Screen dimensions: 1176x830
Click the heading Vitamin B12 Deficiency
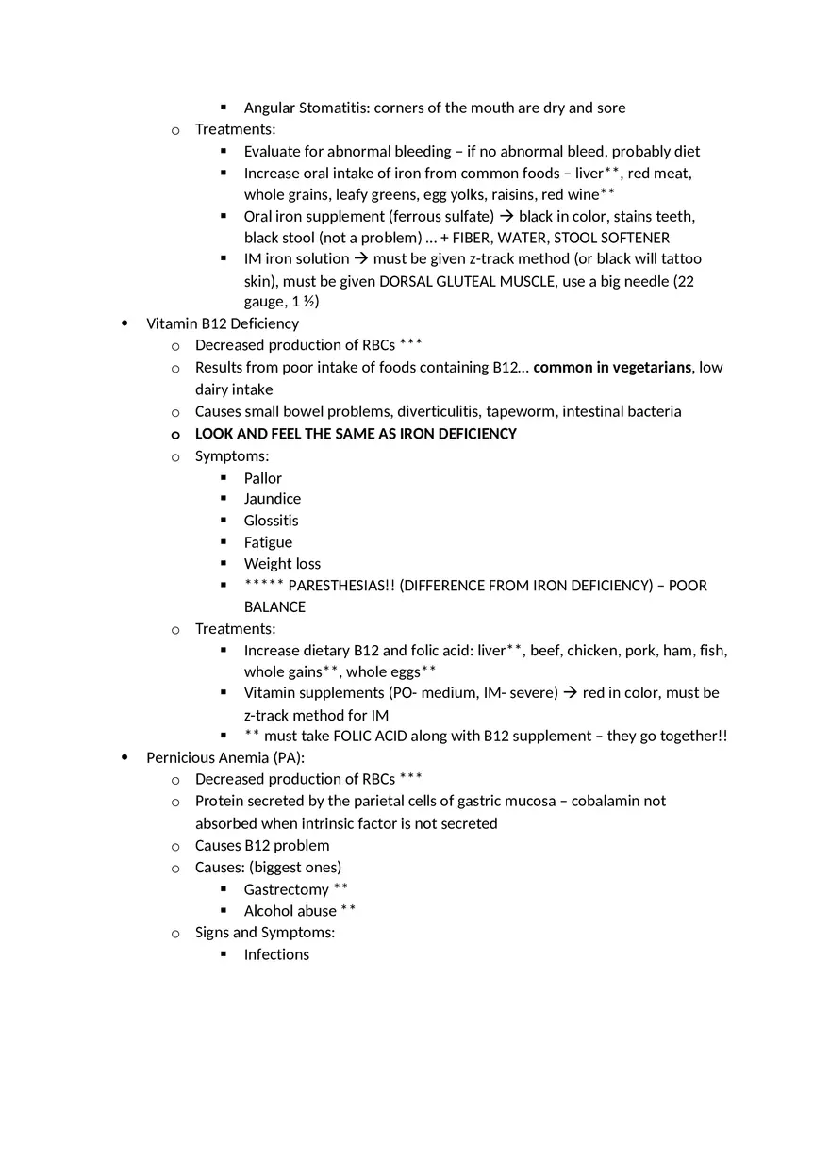coord(222,323)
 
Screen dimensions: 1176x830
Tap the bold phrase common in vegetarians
coord(611,367)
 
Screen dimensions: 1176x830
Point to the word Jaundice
coord(272,498)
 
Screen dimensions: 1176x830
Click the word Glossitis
coord(271,521)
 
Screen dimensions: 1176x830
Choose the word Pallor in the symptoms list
coord(262,478)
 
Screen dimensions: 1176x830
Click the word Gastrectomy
coord(286,889)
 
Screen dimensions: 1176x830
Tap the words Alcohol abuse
coord(290,911)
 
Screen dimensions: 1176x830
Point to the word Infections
coord(276,954)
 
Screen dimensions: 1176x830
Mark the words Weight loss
coord(282,564)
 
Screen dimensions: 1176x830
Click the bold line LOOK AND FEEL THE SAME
coord(356,434)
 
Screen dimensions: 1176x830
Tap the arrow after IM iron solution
coord(361,258)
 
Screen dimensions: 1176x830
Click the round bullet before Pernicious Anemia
coord(125,757)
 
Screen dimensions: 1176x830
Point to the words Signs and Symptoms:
coord(264,933)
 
